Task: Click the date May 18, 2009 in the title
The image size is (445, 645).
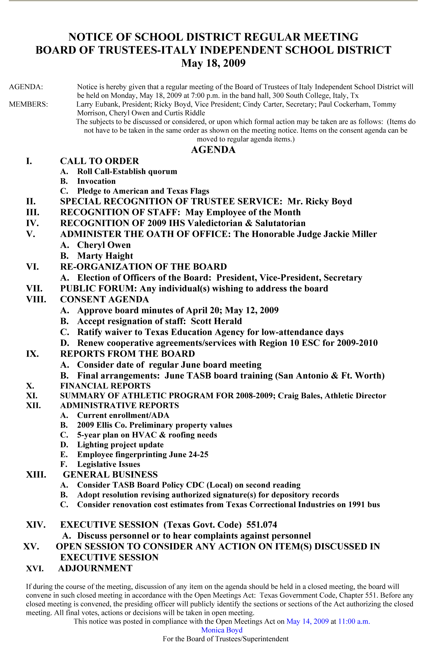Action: point(213,63)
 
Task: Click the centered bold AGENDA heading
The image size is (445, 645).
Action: point(213,150)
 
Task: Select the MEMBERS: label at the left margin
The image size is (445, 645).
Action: point(28,104)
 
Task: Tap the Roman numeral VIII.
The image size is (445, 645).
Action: point(36,299)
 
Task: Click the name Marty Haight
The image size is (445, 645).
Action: point(105,256)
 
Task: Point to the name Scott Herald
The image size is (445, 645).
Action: point(216,321)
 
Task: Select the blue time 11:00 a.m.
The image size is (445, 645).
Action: point(354,621)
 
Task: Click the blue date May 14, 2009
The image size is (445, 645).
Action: point(307,621)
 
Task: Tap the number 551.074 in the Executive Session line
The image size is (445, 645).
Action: point(262,525)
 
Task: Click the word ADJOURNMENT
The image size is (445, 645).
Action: point(95,568)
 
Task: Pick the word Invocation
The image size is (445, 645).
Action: point(96,181)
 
